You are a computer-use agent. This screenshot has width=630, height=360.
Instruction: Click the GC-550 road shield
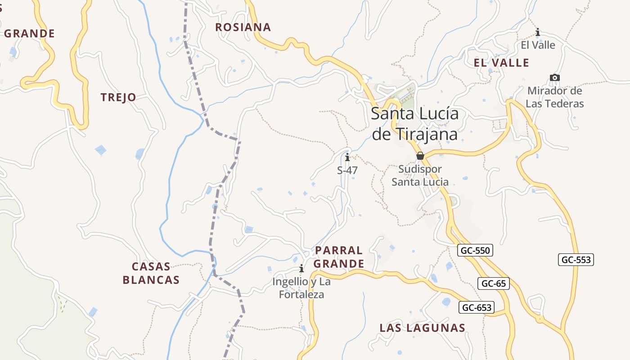tap(475, 250)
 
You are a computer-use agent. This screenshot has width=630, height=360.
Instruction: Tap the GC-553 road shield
tap(576, 260)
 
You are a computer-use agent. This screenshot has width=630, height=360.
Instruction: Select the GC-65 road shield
tap(494, 283)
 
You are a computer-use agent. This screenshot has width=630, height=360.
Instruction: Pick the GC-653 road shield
tap(477, 308)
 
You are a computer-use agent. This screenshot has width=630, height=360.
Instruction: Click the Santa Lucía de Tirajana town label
tap(414, 124)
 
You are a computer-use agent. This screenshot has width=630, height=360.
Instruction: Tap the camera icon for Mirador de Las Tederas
tap(555, 77)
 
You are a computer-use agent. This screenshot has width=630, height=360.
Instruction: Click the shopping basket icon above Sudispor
tap(420, 156)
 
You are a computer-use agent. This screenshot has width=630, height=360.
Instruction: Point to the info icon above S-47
tap(347, 157)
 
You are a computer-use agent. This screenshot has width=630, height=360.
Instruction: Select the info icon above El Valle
tap(538, 32)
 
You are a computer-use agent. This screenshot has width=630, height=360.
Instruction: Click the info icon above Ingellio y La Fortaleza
tap(301, 269)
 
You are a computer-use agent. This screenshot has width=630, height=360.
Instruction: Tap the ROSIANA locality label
tap(243, 27)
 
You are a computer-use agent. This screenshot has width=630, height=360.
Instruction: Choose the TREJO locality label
tap(118, 97)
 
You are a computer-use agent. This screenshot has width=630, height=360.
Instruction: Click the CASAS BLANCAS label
tap(151, 273)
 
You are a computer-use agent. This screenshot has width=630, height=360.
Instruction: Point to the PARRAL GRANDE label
tap(339, 257)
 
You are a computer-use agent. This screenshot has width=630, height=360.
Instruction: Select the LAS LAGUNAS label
tap(422, 328)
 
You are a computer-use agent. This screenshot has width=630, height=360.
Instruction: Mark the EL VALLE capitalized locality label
tap(502, 63)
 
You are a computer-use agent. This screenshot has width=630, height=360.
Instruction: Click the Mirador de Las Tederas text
tap(555, 97)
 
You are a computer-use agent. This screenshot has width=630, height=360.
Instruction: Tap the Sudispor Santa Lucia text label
tap(420, 175)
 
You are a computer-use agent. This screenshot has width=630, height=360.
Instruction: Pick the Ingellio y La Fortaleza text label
tap(301, 288)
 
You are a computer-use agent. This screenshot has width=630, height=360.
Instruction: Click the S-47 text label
tap(347, 171)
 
